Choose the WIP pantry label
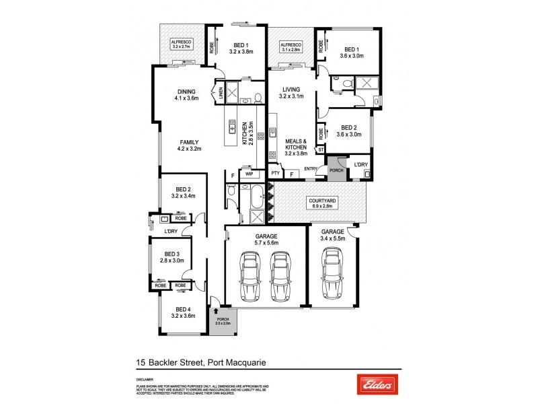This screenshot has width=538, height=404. (248, 174)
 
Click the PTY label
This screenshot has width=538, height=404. (275, 174)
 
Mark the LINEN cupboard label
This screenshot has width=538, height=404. (221, 93)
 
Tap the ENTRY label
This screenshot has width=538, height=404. (311, 168)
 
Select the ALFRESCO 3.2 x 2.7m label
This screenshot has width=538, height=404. (181, 44)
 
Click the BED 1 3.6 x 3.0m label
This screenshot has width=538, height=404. (352, 53)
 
